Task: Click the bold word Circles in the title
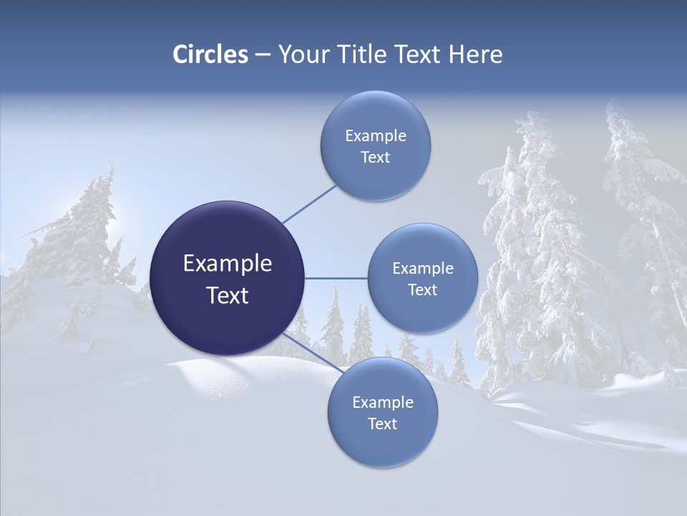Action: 210,54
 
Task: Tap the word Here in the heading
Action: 475,54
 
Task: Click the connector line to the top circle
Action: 309,204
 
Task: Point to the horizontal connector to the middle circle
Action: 336,278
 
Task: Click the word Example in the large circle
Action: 228,264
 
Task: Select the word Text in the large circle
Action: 228,295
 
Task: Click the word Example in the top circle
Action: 376,135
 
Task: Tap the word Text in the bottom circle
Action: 382,424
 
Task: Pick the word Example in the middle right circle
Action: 423,269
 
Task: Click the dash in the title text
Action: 263,54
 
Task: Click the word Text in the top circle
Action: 375,157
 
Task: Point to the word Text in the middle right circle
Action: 422,290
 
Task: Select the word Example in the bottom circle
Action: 383,402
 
